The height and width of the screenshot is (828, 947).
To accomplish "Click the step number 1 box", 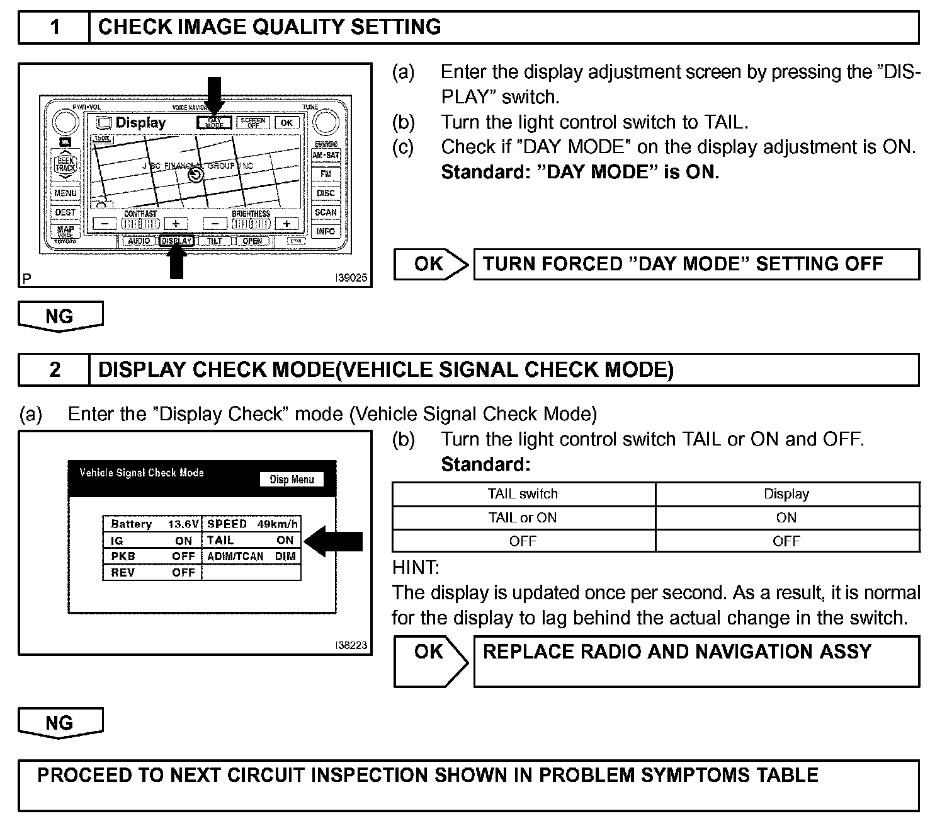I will click(x=55, y=27).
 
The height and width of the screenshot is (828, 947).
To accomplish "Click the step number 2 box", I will click(x=55, y=370).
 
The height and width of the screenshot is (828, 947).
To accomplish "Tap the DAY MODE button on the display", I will click(x=214, y=123).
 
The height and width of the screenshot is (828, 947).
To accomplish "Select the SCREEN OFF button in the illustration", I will click(x=252, y=123).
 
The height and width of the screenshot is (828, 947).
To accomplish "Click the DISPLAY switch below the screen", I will click(x=176, y=241).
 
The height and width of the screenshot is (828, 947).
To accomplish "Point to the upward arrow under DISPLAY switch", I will click(x=177, y=261).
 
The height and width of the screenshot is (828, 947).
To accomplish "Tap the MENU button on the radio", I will click(x=65, y=193).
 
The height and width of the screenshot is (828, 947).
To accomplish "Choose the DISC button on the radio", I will click(x=326, y=193).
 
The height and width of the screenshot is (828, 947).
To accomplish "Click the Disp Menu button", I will click(x=292, y=480).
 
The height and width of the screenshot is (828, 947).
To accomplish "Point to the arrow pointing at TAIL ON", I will click(x=337, y=541).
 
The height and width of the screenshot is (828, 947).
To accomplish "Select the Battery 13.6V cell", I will click(x=152, y=524).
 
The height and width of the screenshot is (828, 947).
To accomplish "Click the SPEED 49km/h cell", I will click(x=252, y=524).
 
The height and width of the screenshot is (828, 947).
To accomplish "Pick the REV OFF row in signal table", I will click(x=152, y=573).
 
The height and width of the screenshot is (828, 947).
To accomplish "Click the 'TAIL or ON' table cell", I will click(x=523, y=518).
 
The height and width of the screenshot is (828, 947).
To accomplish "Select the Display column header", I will click(x=786, y=495).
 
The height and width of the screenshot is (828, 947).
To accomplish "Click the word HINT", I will click(x=416, y=568).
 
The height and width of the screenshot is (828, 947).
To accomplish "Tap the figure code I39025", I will click(x=351, y=278).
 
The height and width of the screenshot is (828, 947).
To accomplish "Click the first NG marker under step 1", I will click(x=60, y=316).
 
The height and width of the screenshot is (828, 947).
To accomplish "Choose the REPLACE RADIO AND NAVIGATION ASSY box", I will click(x=696, y=661).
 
